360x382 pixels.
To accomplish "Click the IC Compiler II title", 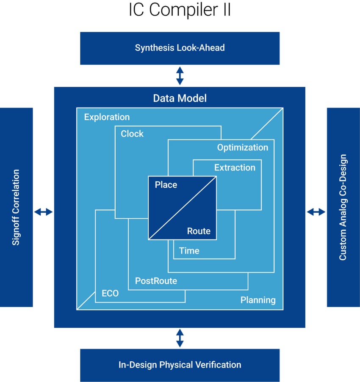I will (180, 10).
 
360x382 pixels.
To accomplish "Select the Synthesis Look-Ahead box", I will (180, 48).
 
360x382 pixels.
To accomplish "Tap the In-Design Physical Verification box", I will (180, 365).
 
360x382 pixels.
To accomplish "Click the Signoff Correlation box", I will (16, 207).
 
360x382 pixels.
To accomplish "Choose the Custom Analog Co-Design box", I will (343, 207).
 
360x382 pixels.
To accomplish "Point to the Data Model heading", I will (180, 99).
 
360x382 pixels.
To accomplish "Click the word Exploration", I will (107, 117).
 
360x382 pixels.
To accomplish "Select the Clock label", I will (132, 134).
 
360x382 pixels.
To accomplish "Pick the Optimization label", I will (243, 147).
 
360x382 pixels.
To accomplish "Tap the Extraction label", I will (235, 168).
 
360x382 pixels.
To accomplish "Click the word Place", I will (166, 185).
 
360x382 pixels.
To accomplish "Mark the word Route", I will (199, 231).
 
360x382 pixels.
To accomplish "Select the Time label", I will (189, 251).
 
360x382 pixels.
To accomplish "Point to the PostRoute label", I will (156, 280).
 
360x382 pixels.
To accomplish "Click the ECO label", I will (110, 293).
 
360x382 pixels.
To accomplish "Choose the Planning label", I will (258, 300).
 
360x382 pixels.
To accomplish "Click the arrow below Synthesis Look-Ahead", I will (180, 75).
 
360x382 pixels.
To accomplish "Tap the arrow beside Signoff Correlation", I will (43, 212).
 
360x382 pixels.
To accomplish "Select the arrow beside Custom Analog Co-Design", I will (316, 212).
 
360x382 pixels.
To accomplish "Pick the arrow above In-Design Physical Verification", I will (180, 338).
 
